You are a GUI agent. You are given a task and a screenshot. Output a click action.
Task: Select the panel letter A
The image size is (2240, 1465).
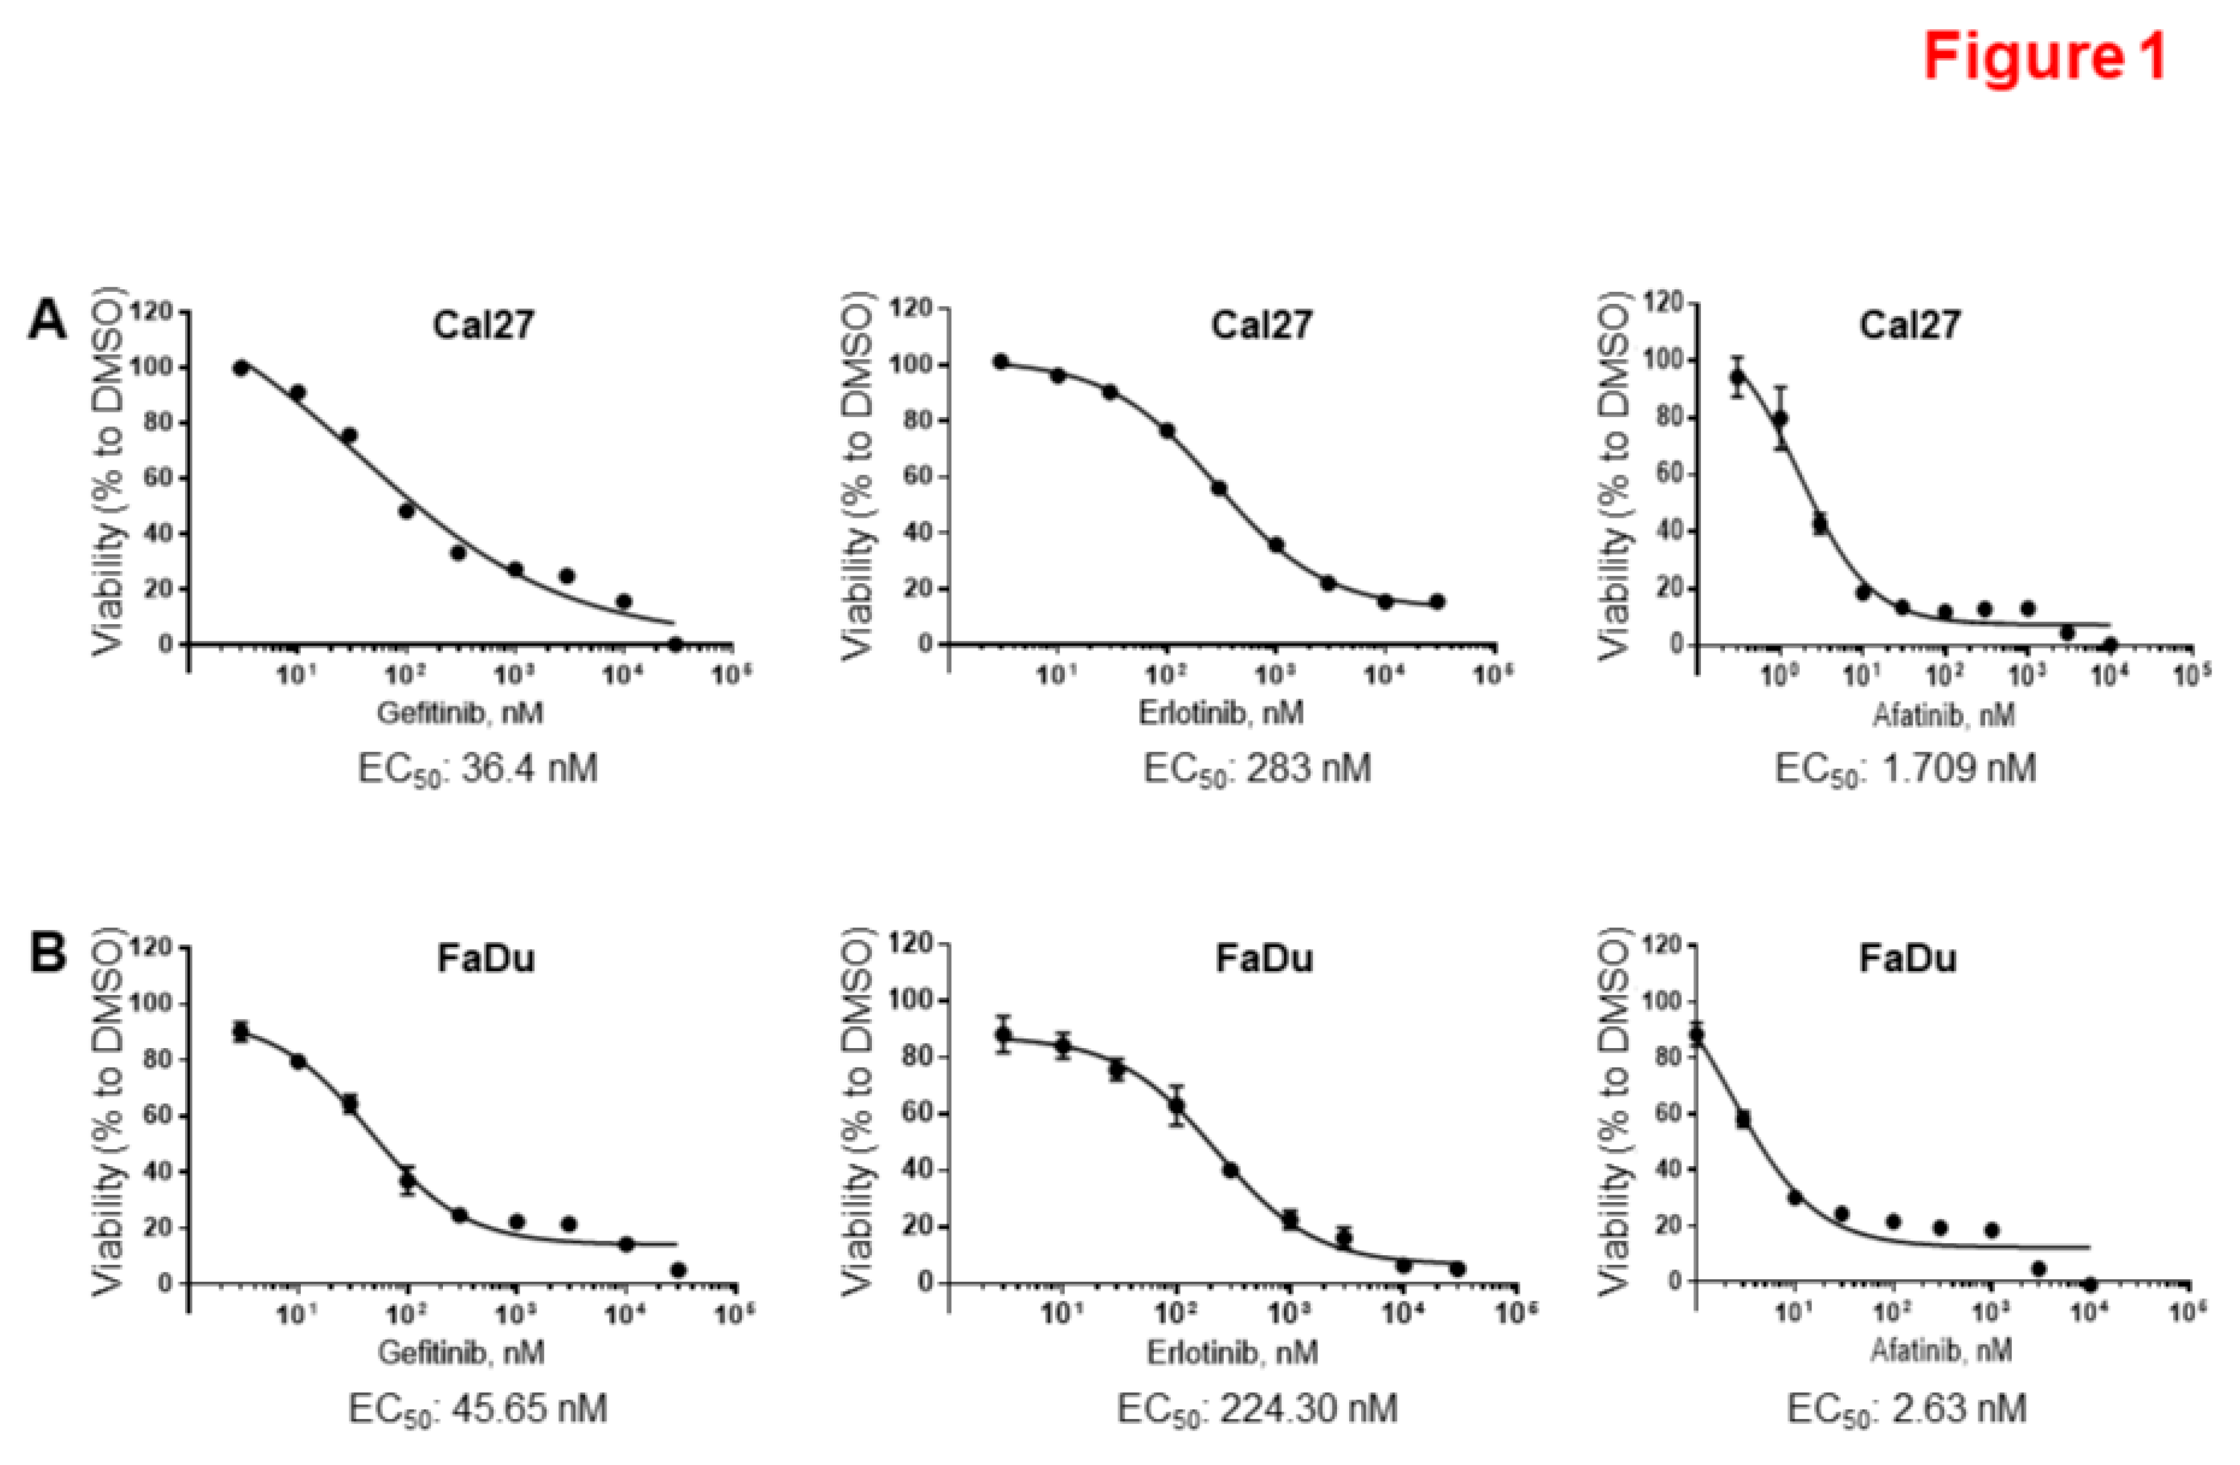(47, 321)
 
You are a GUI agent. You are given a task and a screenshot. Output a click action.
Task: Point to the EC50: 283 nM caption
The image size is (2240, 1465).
(1256, 769)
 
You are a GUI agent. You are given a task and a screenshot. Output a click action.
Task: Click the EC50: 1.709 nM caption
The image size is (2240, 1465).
(1905, 769)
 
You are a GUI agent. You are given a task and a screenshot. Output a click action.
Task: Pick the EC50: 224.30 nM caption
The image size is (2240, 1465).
(1256, 1409)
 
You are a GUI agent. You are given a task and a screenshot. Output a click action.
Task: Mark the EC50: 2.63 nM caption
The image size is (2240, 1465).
(1905, 1409)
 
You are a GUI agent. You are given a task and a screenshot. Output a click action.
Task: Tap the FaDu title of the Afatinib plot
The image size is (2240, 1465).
(1908, 959)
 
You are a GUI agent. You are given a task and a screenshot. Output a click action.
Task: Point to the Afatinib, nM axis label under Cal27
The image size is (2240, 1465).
(1942, 716)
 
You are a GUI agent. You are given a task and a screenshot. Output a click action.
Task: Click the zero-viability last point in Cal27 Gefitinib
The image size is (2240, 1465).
(675, 644)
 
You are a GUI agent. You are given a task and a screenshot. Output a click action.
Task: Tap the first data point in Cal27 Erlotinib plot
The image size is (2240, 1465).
(1000, 362)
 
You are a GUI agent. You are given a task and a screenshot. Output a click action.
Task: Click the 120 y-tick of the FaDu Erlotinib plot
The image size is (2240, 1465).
(912, 944)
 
